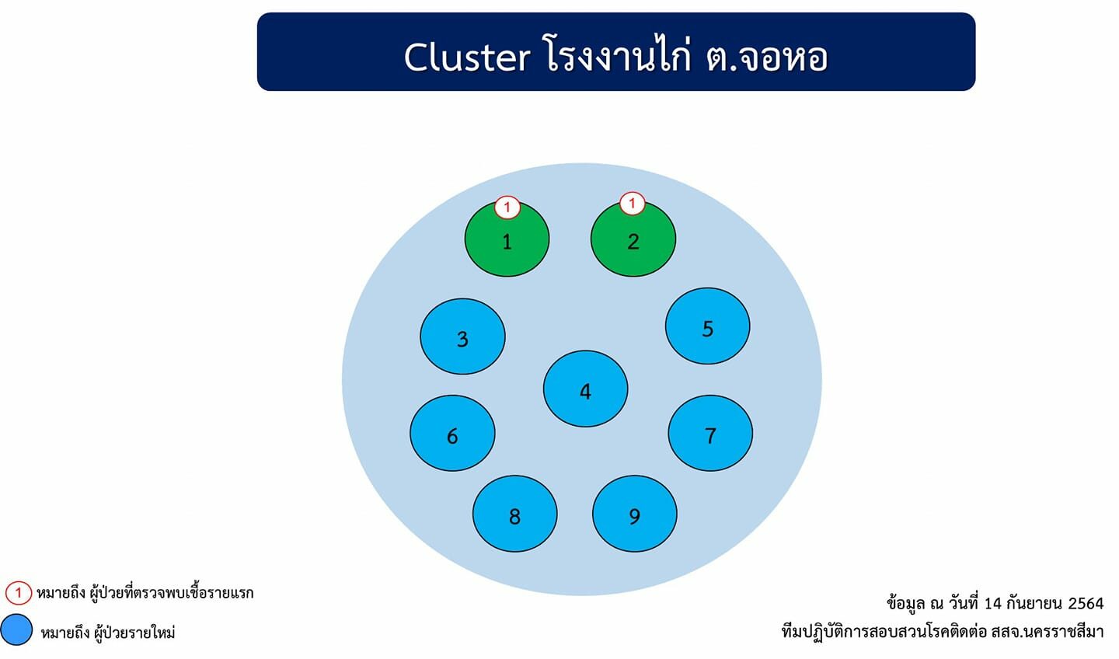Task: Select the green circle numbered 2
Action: (633, 239)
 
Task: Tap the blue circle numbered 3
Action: (462, 336)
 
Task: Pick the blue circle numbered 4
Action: (585, 389)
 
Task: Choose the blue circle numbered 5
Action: (707, 326)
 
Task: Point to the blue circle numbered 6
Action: (452, 433)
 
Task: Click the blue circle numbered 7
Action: (710, 433)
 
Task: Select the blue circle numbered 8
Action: (515, 514)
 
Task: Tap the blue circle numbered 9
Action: (635, 514)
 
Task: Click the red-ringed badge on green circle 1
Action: (507, 207)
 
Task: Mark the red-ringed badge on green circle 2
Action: (632, 204)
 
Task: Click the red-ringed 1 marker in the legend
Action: (19, 593)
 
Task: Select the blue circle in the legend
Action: (16, 629)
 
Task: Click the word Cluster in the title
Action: (466, 57)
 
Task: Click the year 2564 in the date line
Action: (1086, 604)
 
